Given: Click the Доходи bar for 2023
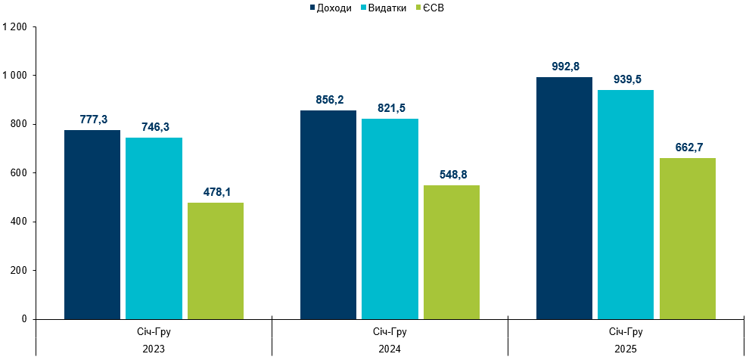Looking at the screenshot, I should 92,225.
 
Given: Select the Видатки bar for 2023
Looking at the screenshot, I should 154,228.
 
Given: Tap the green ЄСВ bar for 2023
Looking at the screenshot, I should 216,261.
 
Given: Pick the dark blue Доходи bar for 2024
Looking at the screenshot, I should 328,215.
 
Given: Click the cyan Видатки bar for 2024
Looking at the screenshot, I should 390,219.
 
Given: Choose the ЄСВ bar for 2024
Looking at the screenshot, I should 452,253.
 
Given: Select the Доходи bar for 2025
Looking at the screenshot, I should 564,198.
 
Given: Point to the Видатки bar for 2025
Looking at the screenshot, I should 626,205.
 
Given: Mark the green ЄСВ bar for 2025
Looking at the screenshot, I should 688,238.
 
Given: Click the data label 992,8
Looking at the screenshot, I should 565,67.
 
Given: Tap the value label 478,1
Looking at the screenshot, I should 216,192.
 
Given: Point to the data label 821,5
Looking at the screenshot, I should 390,108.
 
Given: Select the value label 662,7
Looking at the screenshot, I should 688,147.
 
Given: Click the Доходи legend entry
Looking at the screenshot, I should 331,8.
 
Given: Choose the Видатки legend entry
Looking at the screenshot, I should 386,8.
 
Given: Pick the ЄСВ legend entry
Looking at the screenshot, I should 434,8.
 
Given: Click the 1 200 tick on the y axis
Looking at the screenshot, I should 15,27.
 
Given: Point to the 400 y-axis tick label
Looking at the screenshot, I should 19,222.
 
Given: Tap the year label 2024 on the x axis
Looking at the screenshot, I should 390,349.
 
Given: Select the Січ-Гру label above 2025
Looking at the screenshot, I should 626,332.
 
